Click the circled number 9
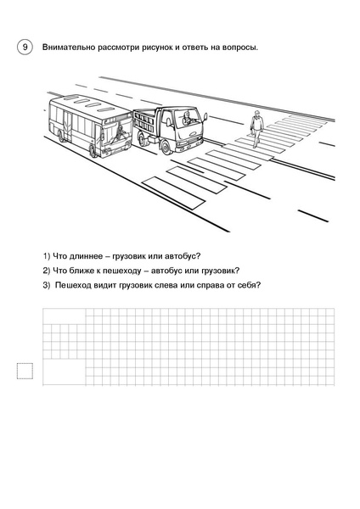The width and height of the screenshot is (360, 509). point(25,48)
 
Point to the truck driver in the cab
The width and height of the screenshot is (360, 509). point(187,119)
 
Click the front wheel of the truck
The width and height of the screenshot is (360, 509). point(166,147)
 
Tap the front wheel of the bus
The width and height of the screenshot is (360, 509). point(93,150)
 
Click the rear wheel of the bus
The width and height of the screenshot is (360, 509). point(61,136)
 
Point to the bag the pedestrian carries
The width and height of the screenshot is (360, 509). point(252,133)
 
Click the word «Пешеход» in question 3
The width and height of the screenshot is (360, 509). point(73,285)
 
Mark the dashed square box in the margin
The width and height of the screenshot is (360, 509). point(25,371)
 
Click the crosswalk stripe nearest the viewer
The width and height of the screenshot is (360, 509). point(173,193)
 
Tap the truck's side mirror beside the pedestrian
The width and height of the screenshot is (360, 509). point(205,117)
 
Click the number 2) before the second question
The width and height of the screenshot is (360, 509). point(47,271)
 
